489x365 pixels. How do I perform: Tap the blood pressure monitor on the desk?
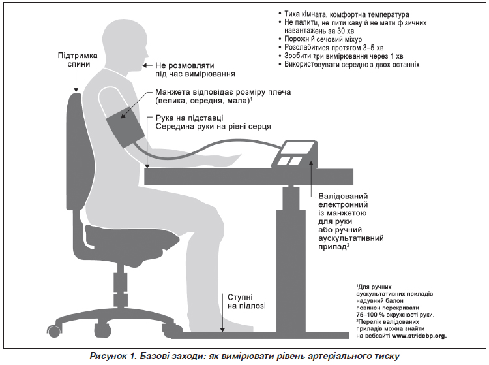point(295,155)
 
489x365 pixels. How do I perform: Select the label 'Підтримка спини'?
point(78,59)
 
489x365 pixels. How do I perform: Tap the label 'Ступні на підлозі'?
point(246,301)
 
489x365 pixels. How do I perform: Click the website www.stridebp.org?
point(419,336)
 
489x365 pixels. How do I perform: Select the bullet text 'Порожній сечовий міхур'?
point(323,39)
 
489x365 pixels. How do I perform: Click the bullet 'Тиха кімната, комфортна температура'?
point(346,14)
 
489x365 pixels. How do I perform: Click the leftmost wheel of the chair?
point(53,330)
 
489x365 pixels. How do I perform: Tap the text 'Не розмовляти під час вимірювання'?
point(195,70)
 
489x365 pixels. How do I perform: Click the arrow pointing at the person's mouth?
point(147,65)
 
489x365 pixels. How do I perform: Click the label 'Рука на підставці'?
point(189,118)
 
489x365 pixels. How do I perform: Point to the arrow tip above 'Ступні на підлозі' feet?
point(222,331)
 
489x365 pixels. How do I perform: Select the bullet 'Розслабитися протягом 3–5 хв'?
point(334,48)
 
